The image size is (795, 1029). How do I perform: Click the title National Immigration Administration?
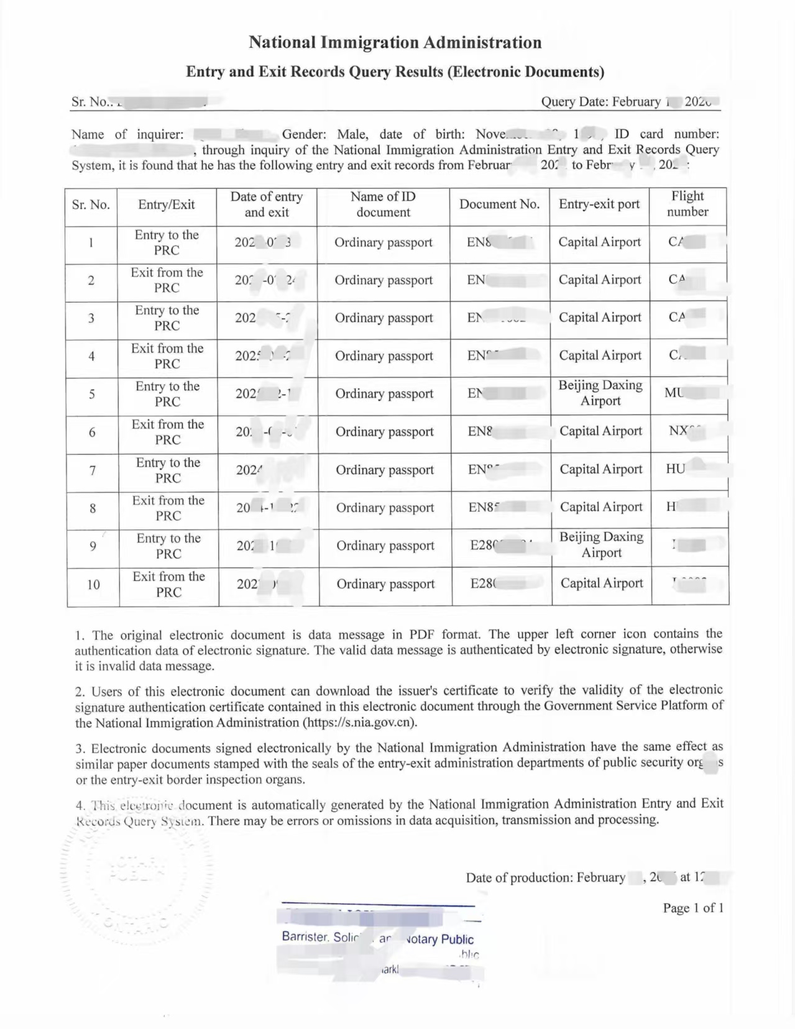(395, 42)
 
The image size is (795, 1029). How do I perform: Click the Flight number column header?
(687, 204)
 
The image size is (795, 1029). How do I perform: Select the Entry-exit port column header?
(599, 204)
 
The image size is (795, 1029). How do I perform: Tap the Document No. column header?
(499, 204)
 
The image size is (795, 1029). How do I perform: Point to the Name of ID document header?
(383, 204)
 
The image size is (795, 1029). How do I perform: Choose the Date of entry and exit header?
(266, 204)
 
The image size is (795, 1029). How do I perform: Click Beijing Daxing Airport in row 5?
(600, 393)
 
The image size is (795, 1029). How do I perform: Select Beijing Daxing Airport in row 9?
(601, 545)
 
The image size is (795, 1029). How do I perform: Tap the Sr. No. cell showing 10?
(93, 584)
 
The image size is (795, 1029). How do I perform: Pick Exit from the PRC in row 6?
(167, 432)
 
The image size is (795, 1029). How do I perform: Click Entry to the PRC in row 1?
(167, 242)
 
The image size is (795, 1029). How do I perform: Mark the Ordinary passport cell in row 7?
(385, 470)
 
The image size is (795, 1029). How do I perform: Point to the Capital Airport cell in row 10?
(602, 583)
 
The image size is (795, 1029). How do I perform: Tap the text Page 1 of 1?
(693, 908)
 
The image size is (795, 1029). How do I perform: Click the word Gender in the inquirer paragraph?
(303, 134)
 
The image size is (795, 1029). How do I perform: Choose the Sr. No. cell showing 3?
(91, 319)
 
